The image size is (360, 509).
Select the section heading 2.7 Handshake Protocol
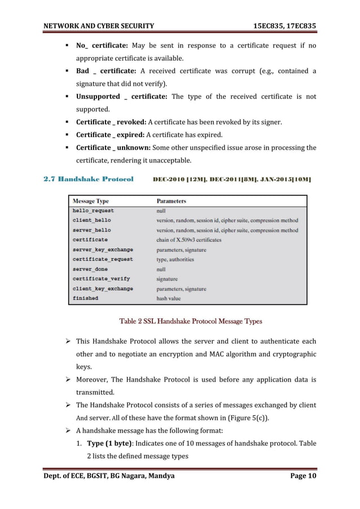(88, 179)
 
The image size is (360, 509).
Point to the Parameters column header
(171, 201)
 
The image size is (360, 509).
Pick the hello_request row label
(93, 210)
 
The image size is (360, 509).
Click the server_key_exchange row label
(103, 249)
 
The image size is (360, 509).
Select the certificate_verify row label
(101, 279)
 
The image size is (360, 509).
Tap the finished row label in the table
(85, 298)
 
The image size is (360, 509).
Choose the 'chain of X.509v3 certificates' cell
(189, 240)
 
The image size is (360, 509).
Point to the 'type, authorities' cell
(175, 259)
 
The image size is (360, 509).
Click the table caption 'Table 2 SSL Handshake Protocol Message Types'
(191, 322)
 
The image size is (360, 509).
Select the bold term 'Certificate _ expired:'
(109, 134)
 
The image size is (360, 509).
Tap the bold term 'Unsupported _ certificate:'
(121, 96)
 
